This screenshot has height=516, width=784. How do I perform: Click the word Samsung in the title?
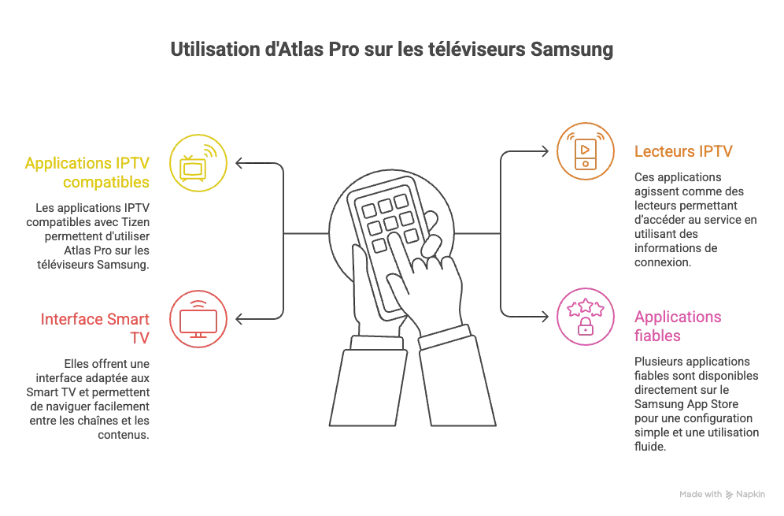click(571, 50)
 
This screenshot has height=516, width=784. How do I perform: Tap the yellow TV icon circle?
click(198, 163)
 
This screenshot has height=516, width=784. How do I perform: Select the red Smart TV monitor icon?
click(198, 319)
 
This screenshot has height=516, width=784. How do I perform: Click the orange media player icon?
click(586, 151)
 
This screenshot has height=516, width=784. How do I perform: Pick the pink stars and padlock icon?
click(586, 317)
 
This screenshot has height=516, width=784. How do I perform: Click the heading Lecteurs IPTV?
click(683, 151)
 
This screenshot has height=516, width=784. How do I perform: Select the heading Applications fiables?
click(678, 326)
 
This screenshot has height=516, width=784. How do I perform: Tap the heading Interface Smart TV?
click(95, 329)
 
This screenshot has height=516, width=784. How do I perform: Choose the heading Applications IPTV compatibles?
click(87, 173)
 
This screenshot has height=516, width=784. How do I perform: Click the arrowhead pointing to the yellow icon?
click(239, 163)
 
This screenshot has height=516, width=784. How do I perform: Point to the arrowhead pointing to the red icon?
click(239, 319)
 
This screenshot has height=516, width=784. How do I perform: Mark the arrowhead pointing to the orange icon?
click(545, 151)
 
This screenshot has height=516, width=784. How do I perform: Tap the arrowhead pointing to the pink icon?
click(545, 317)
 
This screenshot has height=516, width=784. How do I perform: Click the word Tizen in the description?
click(135, 221)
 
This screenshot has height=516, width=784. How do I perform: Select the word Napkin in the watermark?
click(750, 494)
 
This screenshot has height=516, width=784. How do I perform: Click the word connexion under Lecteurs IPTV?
click(663, 262)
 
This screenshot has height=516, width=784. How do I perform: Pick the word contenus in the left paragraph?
click(124, 434)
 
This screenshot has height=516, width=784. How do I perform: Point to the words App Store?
click(712, 404)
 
